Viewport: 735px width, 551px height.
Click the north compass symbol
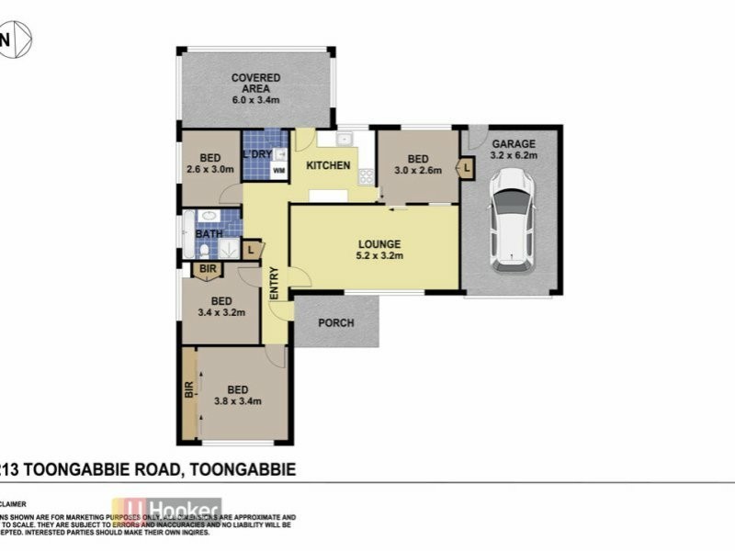(17, 40)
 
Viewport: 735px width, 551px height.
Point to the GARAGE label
(514, 144)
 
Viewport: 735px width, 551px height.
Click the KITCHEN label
(328, 165)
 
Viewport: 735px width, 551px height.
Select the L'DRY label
(257, 154)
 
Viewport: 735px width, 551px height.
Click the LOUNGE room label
(379, 243)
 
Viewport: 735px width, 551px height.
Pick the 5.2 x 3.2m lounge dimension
(379, 256)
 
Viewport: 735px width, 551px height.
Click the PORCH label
(336, 323)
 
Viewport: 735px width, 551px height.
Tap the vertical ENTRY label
(274, 283)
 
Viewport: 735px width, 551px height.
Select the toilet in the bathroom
(204, 250)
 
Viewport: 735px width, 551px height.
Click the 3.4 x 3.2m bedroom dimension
(221, 313)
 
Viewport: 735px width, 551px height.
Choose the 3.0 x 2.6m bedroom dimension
(419, 170)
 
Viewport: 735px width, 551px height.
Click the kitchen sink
(344, 140)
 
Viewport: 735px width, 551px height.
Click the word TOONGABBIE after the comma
(242, 469)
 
